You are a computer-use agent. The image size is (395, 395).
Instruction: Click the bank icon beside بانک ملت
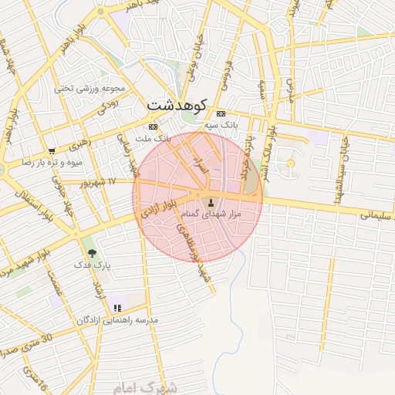click(153, 127)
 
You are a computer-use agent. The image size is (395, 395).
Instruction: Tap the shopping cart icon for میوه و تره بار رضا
click(51, 151)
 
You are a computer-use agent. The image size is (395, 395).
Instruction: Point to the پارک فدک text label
click(93, 265)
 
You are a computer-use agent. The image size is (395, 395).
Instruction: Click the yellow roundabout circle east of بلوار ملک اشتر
click(290, 163)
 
